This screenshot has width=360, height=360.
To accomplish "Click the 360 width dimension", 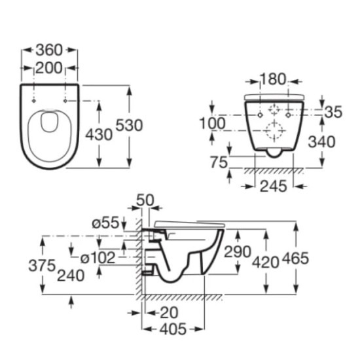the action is point(49,50).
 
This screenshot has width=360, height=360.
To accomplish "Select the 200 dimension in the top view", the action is point(49,68).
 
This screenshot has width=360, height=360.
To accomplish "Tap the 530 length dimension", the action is point(129,126).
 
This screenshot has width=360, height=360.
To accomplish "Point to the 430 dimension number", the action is point(99,135).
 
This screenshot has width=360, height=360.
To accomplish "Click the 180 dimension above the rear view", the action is point(274,79).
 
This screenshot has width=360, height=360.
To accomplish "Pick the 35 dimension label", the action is point(333,112).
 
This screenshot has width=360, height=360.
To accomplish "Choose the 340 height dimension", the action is point(321,141).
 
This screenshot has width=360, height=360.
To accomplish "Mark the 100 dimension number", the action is point(212,123).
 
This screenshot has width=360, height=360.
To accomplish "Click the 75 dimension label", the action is point(219,162).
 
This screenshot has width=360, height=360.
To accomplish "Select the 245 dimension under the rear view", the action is point(274,186).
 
